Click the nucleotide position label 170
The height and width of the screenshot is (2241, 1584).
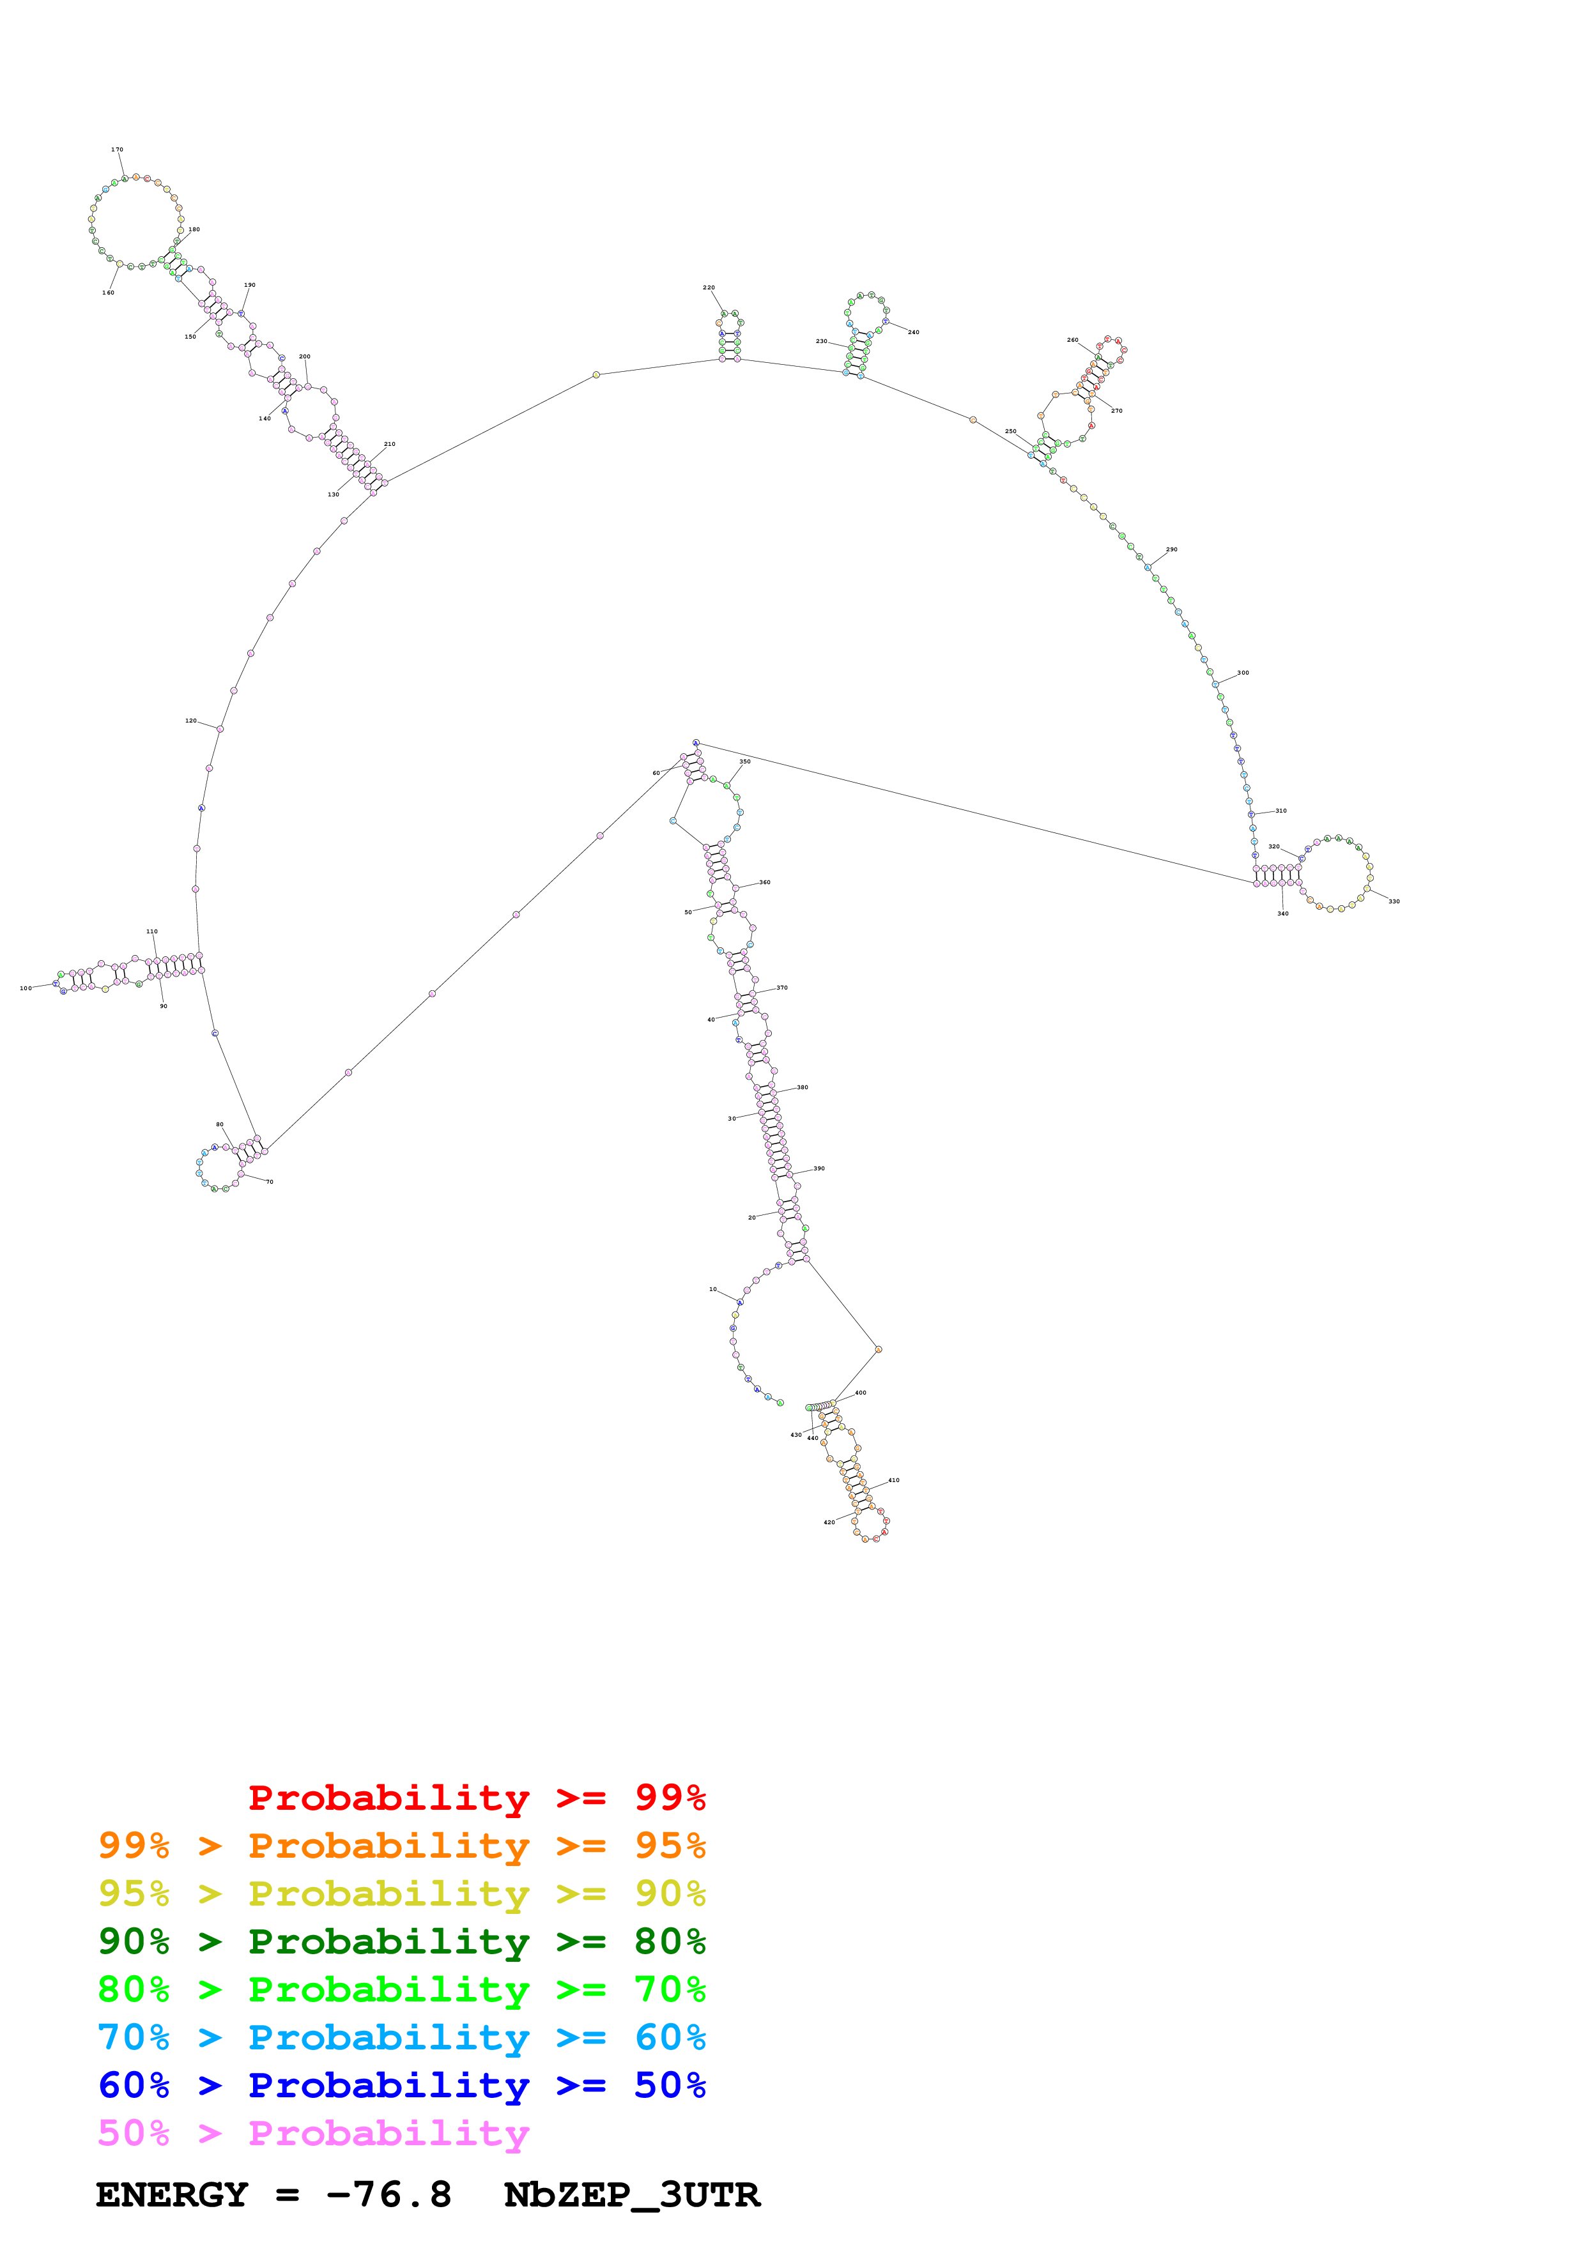pyautogui.click(x=117, y=149)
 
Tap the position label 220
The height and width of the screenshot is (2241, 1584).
pyautogui.click(x=709, y=288)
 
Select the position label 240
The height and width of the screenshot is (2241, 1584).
pyautogui.click(x=914, y=332)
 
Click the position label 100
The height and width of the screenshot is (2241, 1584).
pyautogui.click(x=26, y=988)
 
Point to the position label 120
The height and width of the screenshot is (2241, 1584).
pyautogui.click(x=191, y=721)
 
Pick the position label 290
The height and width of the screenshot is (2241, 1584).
pyautogui.click(x=1171, y=549)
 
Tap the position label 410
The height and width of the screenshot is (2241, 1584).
pyautogui.click(x=893, y=1480)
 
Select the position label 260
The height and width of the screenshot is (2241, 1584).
pyautogui.click(x=1073, y=340)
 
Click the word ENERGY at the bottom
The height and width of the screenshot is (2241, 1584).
pyautogui.click(x=172, y=2194)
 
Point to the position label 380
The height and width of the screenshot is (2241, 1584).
pyautogui.click(x=803, y=1087)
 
